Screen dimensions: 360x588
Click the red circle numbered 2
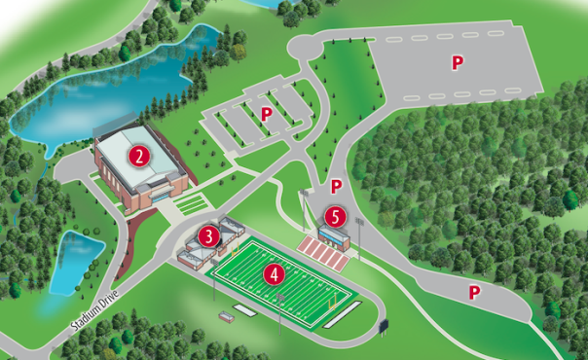pyautogui.click(x=140, y=156)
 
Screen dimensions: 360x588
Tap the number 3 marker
pyautogui.click(x=207, y=235)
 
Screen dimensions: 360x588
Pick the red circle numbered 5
pyautogui.click(x=336, y=217)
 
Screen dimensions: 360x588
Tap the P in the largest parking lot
pyautogui.click(x=456, y=62)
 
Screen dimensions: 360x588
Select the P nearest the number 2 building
pyautogui.click(x=267, y=114)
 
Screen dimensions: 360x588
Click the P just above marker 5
pyautogui.click(x=336, y=186)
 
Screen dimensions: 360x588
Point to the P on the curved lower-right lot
pyautogui.click(x=475, y=291)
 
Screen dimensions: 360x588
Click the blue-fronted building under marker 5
pyautogui.click(x=334, y=237)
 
